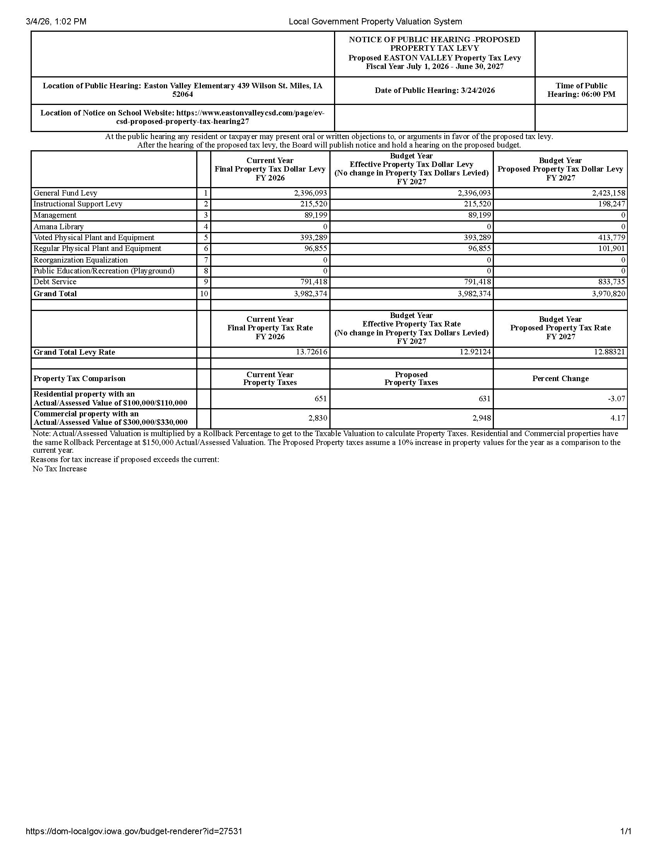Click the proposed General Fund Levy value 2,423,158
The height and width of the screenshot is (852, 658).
click(x=608, y=193)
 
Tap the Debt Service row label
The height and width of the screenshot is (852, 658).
click(x=55, y=282)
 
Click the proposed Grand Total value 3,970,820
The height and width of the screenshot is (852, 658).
click(x=608, y=294)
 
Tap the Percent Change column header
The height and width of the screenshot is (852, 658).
click(x=560, y=379)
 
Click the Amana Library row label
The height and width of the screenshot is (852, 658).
click(x=58, y=227)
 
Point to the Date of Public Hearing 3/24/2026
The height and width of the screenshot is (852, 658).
click(x=435, y=91)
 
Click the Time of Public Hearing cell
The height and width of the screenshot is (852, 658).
click(x=581, y=90)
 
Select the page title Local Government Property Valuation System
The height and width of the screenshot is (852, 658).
click(x=375, y=22)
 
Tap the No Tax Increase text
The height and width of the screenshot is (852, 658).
click(x=60, y=469)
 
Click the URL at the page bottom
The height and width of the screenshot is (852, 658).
click(x=134, y=832)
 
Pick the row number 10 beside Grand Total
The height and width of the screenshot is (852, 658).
click(x=204, y=294)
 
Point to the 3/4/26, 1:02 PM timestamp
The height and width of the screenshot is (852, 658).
click(x=56, y=22)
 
